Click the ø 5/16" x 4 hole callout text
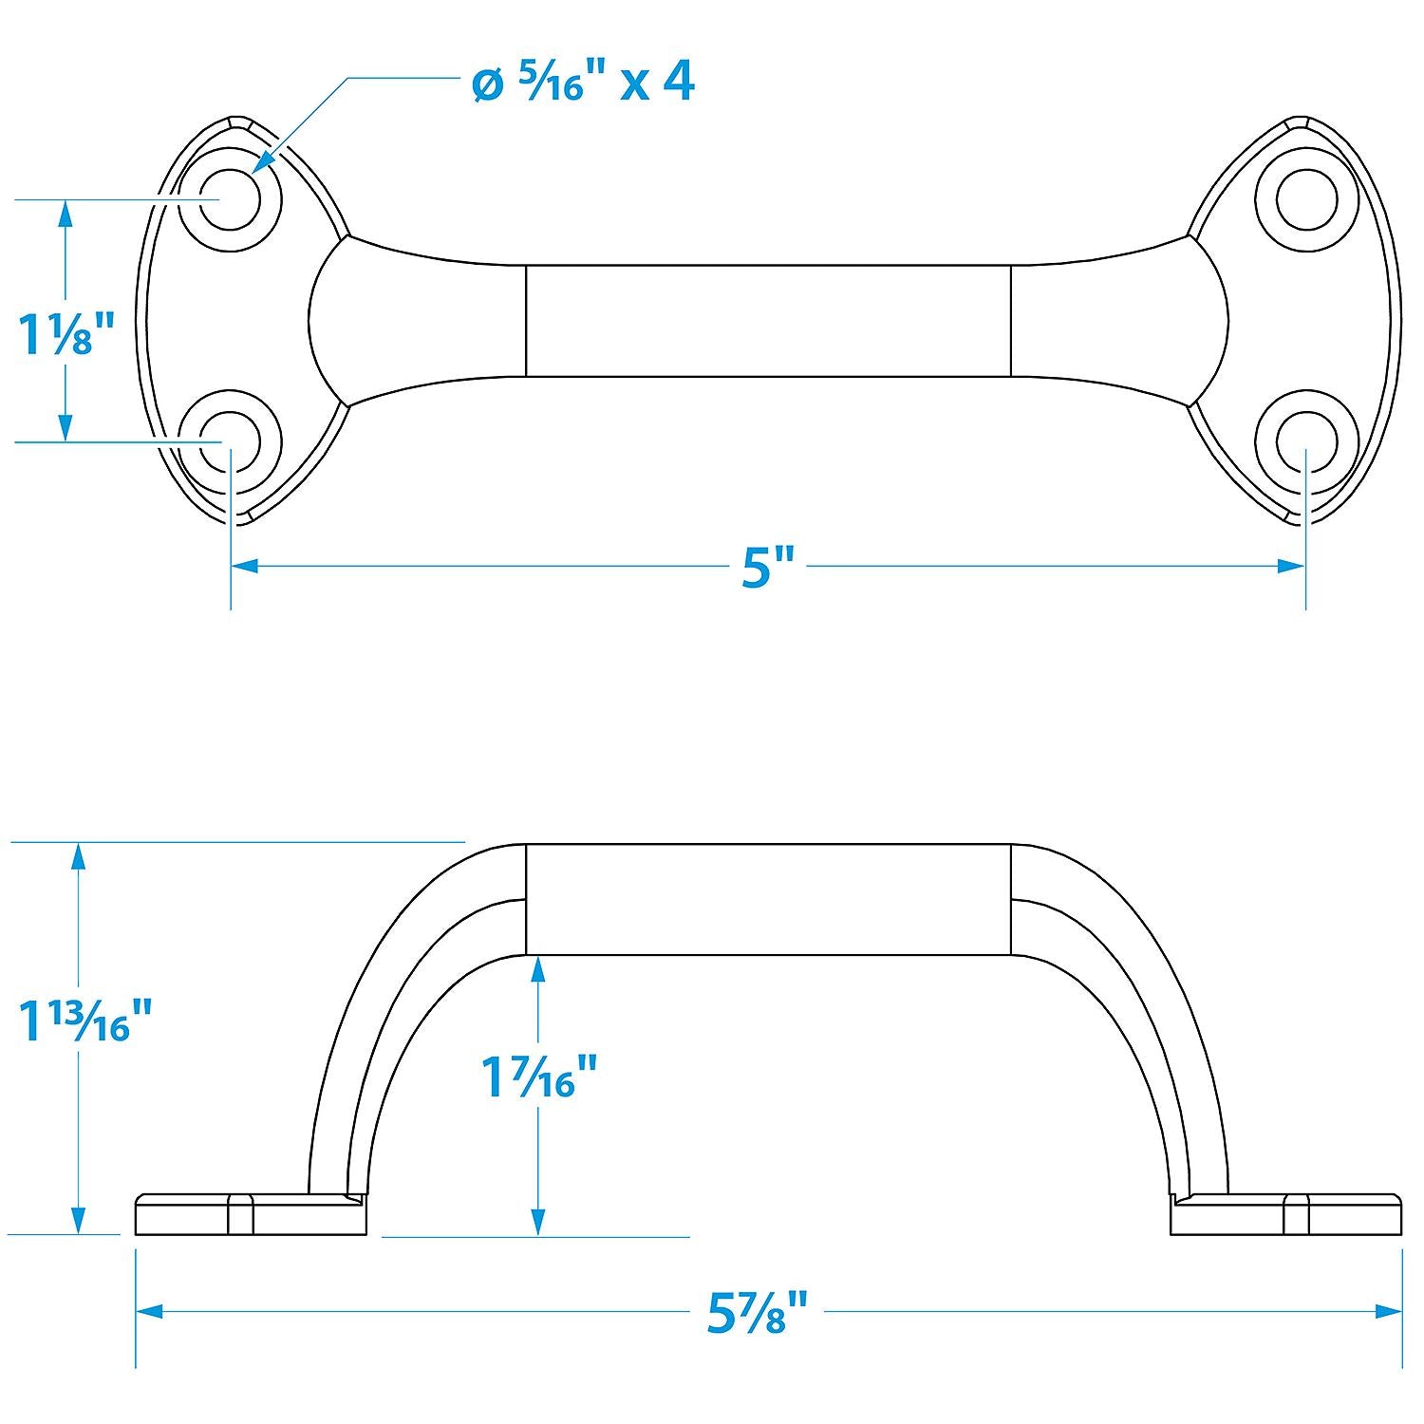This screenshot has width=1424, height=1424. (583, 83)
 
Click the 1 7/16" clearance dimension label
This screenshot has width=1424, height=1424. (539, 1077)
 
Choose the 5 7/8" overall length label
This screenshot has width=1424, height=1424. (757, 1313)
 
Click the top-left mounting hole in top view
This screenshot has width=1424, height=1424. (231, 199)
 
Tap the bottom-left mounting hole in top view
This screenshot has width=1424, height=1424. (231, 442)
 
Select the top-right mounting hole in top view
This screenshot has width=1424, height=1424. (1306, 199)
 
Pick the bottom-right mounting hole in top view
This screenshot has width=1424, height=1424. (1306, 442)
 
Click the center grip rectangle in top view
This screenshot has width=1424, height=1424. (768, 321)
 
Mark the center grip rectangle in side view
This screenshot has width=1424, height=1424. (768, 898)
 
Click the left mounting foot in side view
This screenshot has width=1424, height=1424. (251, 1215)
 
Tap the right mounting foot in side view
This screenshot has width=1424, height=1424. (1286, 1215)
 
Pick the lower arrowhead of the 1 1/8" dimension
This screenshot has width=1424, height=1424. (66, 428)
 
